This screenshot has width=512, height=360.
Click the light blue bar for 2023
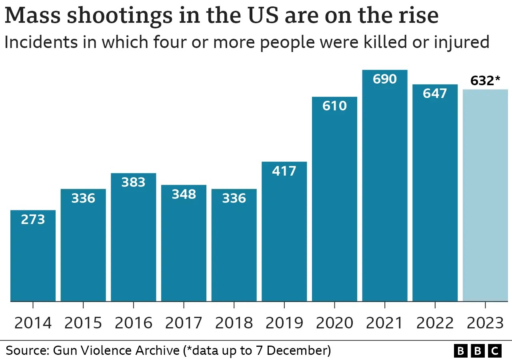click(485, 196)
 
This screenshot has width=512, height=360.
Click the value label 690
click(385, 79)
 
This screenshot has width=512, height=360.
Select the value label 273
click(33, 219)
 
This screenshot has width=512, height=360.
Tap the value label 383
click(133, 182)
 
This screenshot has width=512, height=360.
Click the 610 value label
click(334, 106)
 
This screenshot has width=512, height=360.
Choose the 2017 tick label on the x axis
click(184, 323)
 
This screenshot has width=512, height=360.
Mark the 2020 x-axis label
click(334, 323)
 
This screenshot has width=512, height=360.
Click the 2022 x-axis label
click(435, 323)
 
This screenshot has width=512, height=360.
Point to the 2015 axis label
click(83, 323)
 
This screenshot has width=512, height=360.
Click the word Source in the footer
click(25, 351)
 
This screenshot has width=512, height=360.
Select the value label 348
click(184, 194)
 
